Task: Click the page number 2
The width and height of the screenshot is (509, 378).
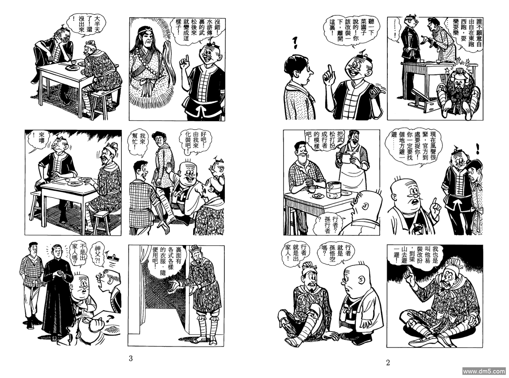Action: click(388, 363)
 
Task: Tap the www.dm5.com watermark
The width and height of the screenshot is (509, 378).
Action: click(484, 371)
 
